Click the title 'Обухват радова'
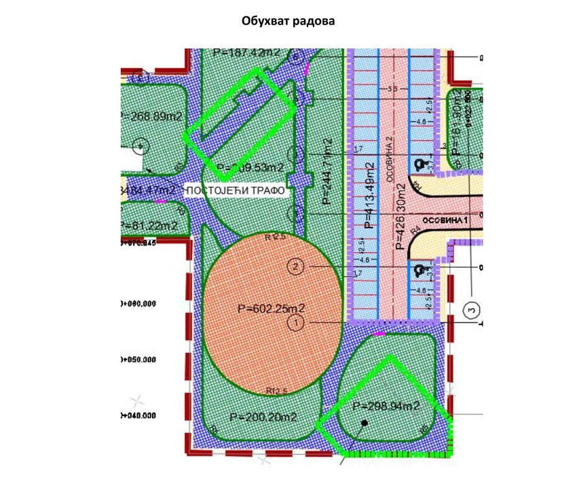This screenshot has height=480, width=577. pyautogui.click(x=288, y=21)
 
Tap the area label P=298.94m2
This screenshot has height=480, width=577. pyautogui.click(x=387, y=407)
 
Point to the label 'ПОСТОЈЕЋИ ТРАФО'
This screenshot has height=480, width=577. pyautogui.click(x=234, y=190)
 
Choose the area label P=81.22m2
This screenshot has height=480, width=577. pyautogui.click(x=149, y=226)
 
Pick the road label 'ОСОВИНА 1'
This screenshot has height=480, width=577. pyautogui.click(x=445, y=222)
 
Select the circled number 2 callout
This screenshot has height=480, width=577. pyautogui.click(x=295, y=267)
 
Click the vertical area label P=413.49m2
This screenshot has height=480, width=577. pyautogui.click(x=369, y=194)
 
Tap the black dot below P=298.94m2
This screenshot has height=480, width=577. pyautogui.click(x=365, y=423)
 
